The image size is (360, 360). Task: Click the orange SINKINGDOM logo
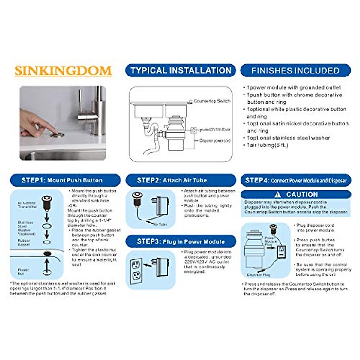[63, 71]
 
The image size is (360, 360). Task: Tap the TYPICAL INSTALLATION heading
[181, 70]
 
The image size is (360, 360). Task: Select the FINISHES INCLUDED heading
[295, 70]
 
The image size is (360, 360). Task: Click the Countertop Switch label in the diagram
[212, 101]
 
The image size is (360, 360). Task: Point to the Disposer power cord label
[215, 140]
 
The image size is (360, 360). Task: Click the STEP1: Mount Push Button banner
[65, 180]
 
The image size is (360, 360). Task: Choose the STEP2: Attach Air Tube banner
[181, 180]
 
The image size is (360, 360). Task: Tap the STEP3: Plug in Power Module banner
[181, 241]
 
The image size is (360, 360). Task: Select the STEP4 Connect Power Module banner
[296, 180]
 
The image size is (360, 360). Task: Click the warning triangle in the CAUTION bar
[278, 194]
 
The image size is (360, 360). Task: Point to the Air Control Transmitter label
[27, 205]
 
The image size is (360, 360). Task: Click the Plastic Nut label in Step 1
[23, 272]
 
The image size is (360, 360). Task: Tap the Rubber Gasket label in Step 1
[24, 242]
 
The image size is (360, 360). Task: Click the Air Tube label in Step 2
[160, 224]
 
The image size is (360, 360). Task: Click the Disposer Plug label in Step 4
[258, 275]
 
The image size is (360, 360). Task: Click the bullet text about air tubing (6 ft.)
[267, 145]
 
